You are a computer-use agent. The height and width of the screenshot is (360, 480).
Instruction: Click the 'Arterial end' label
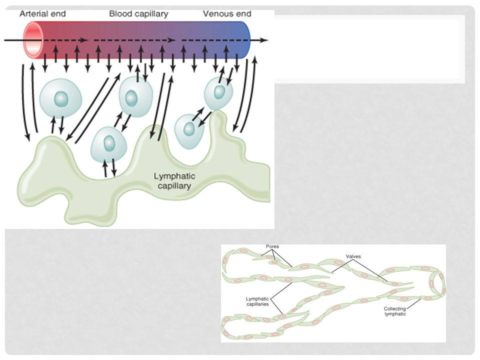pyautogui.click(x=42, y=14)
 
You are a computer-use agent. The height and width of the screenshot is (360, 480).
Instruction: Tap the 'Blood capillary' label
pyautogui.click(x=138, y=14)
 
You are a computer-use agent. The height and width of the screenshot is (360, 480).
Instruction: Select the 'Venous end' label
pyautogui.click(x=227, y=14)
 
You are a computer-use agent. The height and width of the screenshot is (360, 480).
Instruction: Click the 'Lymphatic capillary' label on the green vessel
pyautogui.click(x=174, y=181)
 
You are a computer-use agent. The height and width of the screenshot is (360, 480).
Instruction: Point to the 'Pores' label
pyautogui.click(x=272, y=246)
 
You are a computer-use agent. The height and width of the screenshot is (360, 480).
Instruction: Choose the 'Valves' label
pyautogui.click(x=353, y=256)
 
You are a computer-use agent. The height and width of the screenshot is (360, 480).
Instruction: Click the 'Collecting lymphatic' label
pyautogui.click(x=395, y=311)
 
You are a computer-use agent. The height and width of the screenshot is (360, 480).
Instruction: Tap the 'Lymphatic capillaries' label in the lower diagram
pyautogui.click(x=257, y=301)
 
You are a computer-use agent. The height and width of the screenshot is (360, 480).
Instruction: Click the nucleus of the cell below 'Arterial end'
pyautogui.click(x=61, y=99)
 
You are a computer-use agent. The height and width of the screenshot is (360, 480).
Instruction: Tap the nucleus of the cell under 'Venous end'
pyautogui.click(x=219, y=91)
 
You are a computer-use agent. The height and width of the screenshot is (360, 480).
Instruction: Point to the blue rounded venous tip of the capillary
pyautogui.click(x=245, y=40)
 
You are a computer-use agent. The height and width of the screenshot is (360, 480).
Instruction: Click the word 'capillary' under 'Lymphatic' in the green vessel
pyautogui.click(x=174, y=186)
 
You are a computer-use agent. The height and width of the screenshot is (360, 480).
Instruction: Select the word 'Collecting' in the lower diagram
pyautogui.click(x=395, y=309)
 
